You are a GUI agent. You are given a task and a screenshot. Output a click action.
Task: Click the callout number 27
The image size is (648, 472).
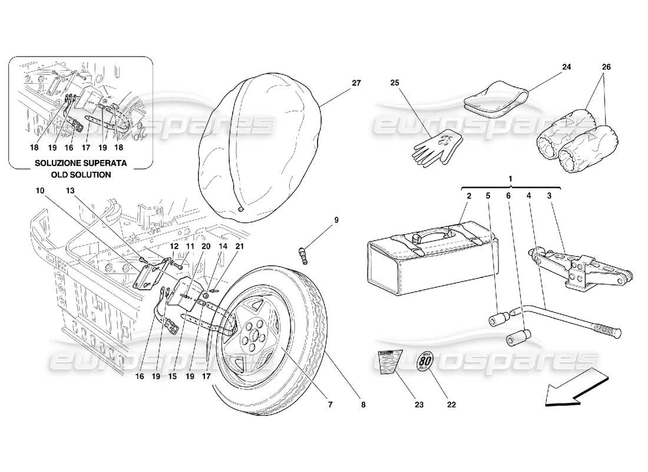tap(356, 83)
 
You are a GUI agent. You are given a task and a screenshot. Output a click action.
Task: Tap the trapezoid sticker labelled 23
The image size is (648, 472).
tap(387, 361)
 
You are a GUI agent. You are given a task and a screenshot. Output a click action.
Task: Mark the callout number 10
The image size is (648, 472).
tap(39, 191)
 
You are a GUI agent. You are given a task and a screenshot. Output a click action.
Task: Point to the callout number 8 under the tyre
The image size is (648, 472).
tap(363, 405)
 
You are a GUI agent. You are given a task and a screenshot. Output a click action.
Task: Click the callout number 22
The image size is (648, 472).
tap(452, 405)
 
